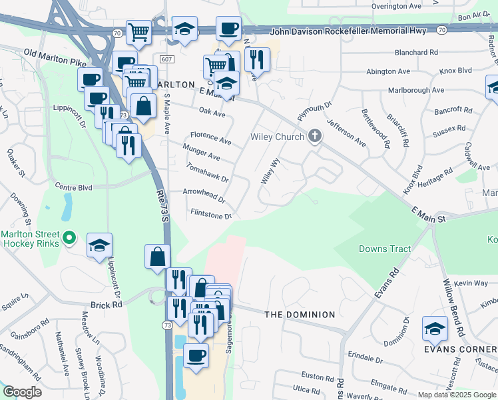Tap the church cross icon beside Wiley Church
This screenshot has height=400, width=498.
pos(315,137)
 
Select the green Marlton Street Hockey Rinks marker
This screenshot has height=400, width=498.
pos(69,237)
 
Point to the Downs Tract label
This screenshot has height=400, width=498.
pos(384,249)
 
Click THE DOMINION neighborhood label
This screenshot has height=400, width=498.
pos(300,314)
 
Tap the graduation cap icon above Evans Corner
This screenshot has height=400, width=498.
pos(435,328)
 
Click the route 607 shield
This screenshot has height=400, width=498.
pos(166,59)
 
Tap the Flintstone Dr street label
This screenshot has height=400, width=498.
pos(211,215)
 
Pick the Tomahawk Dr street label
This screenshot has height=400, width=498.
pos(208,174)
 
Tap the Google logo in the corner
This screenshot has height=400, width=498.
pos(22,392)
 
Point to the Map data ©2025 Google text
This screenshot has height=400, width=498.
pos(456,395)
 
